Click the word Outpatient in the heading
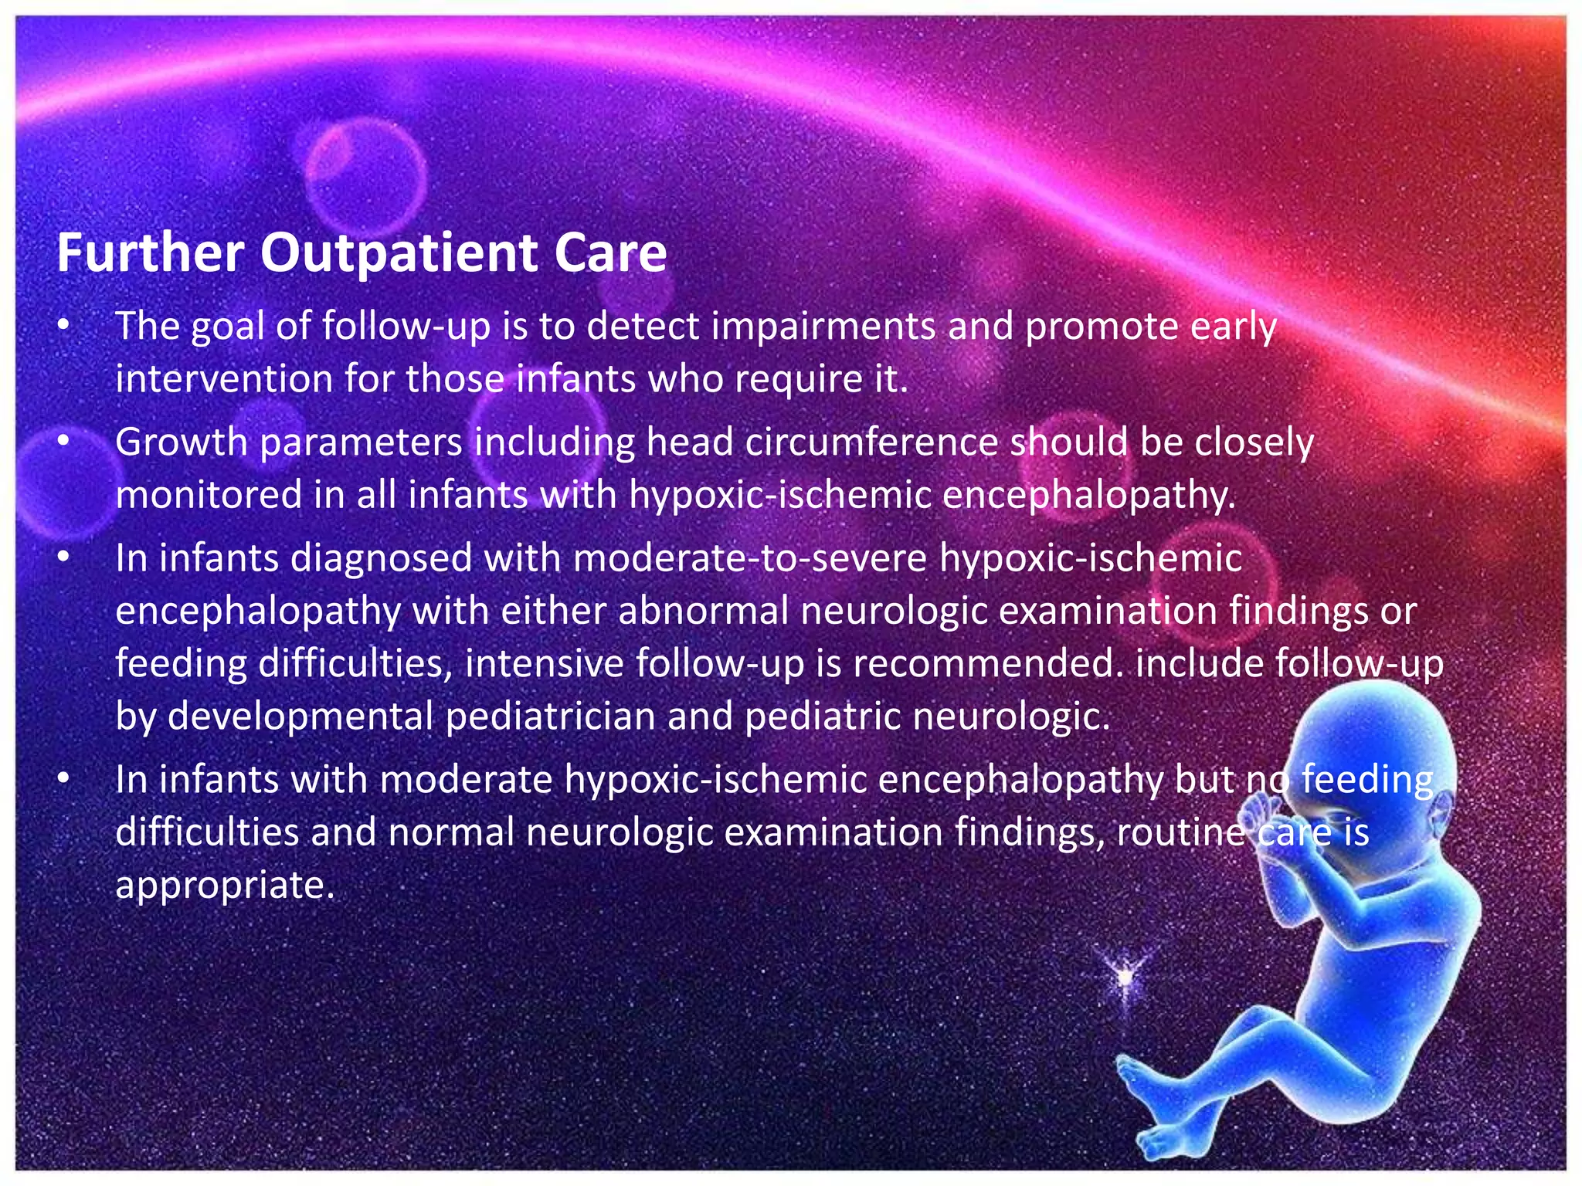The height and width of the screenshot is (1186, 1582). coord(398,253)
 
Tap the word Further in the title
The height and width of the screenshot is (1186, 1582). coord(150,253)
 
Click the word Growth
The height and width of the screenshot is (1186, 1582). coord(181,442)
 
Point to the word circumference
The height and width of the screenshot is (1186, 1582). coord(872,442)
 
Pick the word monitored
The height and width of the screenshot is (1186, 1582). coord(209,495)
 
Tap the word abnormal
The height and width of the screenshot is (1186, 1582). coord(703,611)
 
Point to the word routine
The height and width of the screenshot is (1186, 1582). coord(1180,832)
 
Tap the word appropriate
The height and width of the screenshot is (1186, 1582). coord(224,885)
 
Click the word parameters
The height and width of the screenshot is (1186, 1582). coord(361,442)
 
